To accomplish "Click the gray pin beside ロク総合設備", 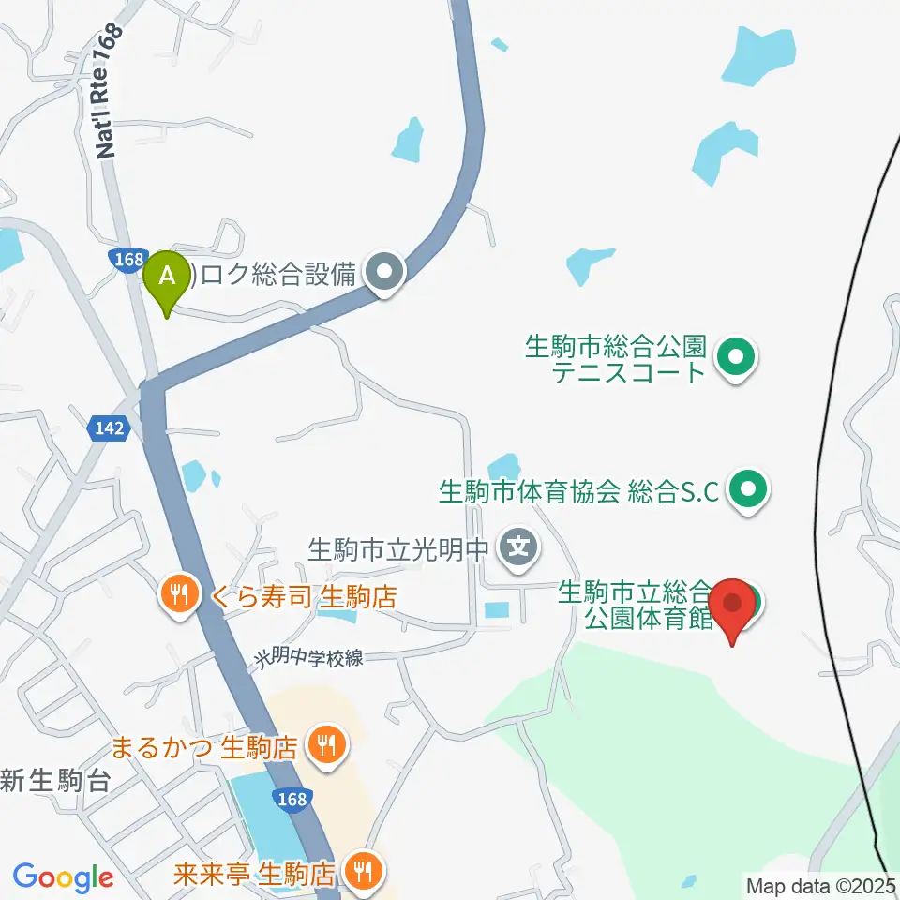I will click(x=384, y=275).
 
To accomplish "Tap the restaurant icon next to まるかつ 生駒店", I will click(x=325, y=746).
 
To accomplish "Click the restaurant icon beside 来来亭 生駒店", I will click(x=361, y=873).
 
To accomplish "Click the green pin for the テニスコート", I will click(x=735, y=357).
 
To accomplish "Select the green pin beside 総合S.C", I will click(x=748, y=489).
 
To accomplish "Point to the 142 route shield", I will click(x=108, y=428).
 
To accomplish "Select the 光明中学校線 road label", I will click(x=307, y=657).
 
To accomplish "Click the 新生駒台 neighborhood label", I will click(x=56, y=780).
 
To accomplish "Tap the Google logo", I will click(x=63, y=878).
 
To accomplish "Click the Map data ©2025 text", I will click(x=821, y=885).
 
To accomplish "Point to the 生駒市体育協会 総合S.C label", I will click(x=579, y=490).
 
